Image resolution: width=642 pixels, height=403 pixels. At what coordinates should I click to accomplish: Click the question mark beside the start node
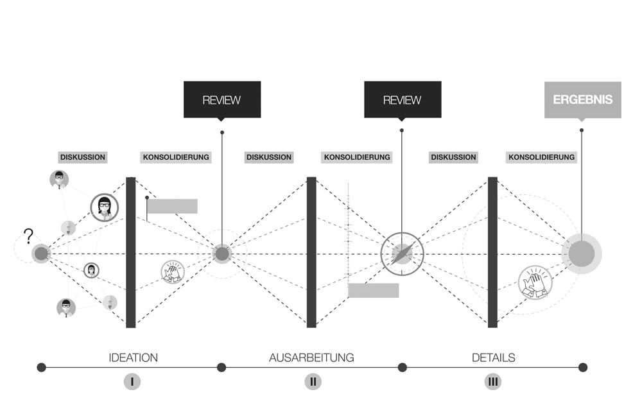28,236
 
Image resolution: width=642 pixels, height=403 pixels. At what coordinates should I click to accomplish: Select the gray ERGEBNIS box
583,100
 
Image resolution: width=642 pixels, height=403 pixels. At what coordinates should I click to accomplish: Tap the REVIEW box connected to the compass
403,99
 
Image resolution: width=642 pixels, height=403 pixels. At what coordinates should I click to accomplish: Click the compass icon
402,254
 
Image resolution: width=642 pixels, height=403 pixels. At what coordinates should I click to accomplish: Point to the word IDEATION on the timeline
133,357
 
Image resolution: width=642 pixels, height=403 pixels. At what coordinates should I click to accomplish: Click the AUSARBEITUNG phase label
311,357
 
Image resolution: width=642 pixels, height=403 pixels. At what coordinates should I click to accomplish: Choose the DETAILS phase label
493,357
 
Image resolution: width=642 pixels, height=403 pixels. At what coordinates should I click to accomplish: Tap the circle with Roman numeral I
132,382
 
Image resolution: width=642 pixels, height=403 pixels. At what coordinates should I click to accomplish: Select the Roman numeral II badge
313,382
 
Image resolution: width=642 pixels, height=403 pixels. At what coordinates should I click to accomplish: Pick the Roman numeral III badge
493,382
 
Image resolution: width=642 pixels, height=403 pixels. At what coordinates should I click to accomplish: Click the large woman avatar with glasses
105,207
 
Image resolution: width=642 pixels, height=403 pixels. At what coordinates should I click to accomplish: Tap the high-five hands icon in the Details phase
535,282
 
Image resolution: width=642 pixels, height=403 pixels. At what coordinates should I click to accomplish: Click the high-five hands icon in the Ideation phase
173,272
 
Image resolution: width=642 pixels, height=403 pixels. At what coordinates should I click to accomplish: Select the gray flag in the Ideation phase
172,206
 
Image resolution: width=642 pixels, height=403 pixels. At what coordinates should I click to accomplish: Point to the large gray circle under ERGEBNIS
582,253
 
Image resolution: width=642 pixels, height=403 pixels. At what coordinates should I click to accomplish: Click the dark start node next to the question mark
41,253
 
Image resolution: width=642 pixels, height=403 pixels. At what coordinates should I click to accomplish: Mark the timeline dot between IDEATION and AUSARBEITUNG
221,368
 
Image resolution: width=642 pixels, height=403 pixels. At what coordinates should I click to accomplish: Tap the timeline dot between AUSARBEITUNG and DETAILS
402,368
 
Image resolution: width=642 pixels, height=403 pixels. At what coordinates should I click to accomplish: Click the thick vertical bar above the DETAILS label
492,252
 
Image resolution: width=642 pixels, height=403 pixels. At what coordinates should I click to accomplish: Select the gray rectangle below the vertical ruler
374,291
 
